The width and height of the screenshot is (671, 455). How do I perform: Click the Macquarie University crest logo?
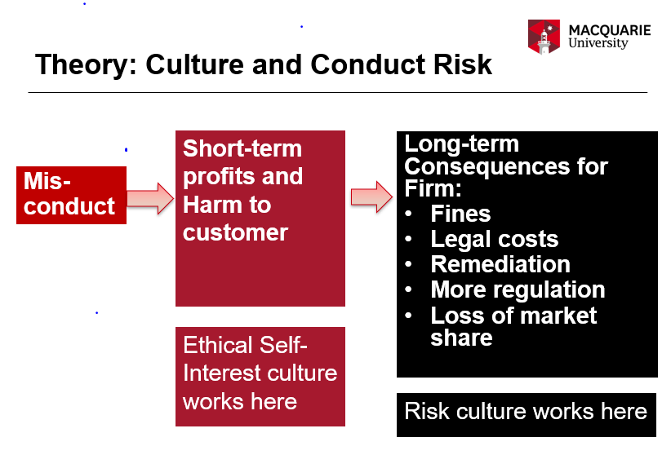coord(544,38)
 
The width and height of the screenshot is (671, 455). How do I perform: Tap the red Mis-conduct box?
coord(71,195)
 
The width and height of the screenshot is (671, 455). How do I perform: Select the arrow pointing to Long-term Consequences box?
coord(371,197)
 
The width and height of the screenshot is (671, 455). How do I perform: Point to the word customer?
coord(235,232)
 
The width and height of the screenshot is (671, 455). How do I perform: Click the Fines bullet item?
coord(460,214)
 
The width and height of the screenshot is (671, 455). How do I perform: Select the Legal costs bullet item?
coord(494,240)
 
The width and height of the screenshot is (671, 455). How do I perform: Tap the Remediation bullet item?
coord(500,265)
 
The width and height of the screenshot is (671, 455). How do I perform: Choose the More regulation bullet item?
coord(518,290)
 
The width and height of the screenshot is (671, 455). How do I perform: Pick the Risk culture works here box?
coord(527,411)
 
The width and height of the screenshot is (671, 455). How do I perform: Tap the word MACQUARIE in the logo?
coord(610,30)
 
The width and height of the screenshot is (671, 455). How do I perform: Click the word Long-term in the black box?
coord(461,144)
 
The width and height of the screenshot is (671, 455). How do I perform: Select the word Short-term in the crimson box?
coord(242,148)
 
